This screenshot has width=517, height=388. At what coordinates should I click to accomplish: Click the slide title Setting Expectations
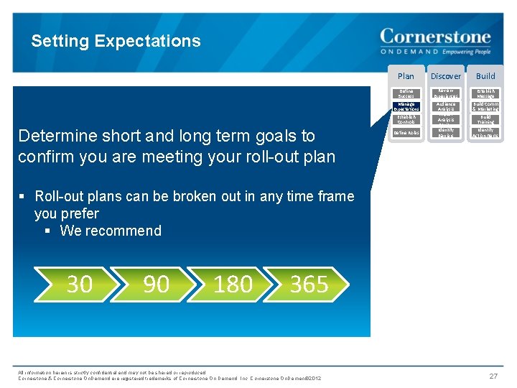pos(116,41)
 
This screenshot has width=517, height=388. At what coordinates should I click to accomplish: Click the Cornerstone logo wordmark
pos(435,37)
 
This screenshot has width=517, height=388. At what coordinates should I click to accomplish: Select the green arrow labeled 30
pos(80,285)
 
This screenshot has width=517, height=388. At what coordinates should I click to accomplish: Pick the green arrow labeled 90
pos(156,285)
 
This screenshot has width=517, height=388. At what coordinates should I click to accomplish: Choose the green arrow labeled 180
pos(233,285)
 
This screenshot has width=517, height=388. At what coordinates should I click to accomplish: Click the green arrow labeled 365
pos(309,285)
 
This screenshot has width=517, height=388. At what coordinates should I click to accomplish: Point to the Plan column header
pos(406,75)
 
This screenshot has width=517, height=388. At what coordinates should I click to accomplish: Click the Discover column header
pos(446,75)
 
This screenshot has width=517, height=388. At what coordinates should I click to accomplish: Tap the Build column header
pos(486,75)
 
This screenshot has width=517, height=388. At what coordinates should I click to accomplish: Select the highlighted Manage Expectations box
pos(406,106)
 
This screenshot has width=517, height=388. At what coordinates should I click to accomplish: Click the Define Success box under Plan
pos(406,93)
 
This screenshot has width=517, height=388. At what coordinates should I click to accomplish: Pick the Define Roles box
pos(406,132)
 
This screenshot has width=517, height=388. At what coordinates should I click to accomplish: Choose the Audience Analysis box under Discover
pos(446,106)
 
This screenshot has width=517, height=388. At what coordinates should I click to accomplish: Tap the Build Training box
pos(486,119)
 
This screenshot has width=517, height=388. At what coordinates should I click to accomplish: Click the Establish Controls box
pos(406,119)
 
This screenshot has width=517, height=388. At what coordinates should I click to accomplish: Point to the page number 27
pos(493,376)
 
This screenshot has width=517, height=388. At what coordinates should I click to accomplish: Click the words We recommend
pos(111,231)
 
